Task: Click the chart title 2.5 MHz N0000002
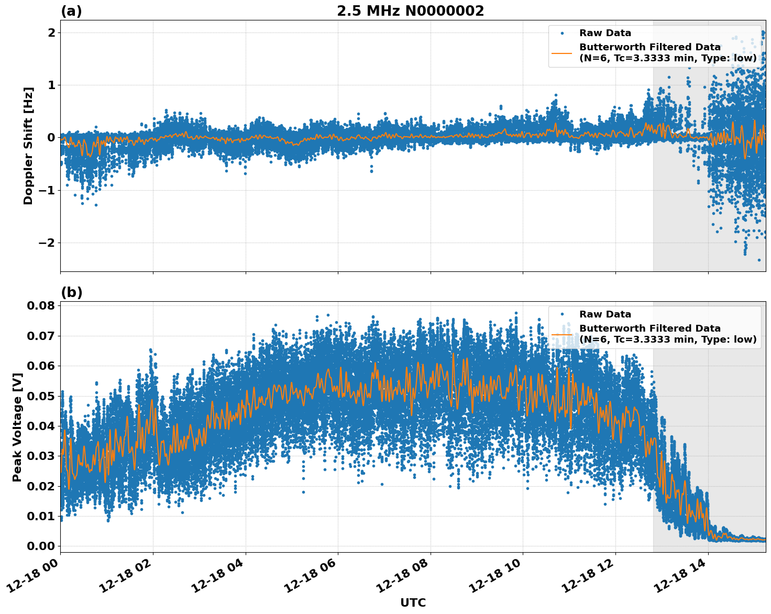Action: pyautogui.click(x=410, y=11)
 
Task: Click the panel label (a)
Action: pyautogui.click(x=71, y=11)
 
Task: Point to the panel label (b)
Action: pyautogui.click(x=71, y=292)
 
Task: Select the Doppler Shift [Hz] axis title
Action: pyautogui.click(x=28, y=146)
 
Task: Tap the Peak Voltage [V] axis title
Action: pyautogui.click(x=17, y=427)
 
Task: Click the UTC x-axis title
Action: pyautogui.click(x=413, y=602)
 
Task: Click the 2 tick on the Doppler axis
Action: pyautogui.click(x=51, y=32)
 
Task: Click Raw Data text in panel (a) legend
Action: pyautogui.click(x=605, y=33)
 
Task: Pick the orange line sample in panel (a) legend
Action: pyautogui.click(x=562, y=53)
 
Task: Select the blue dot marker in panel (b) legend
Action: pyautogui.click(x=562, y=314)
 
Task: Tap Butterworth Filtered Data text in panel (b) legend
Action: pyautogui.click(x=649, y=328)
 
